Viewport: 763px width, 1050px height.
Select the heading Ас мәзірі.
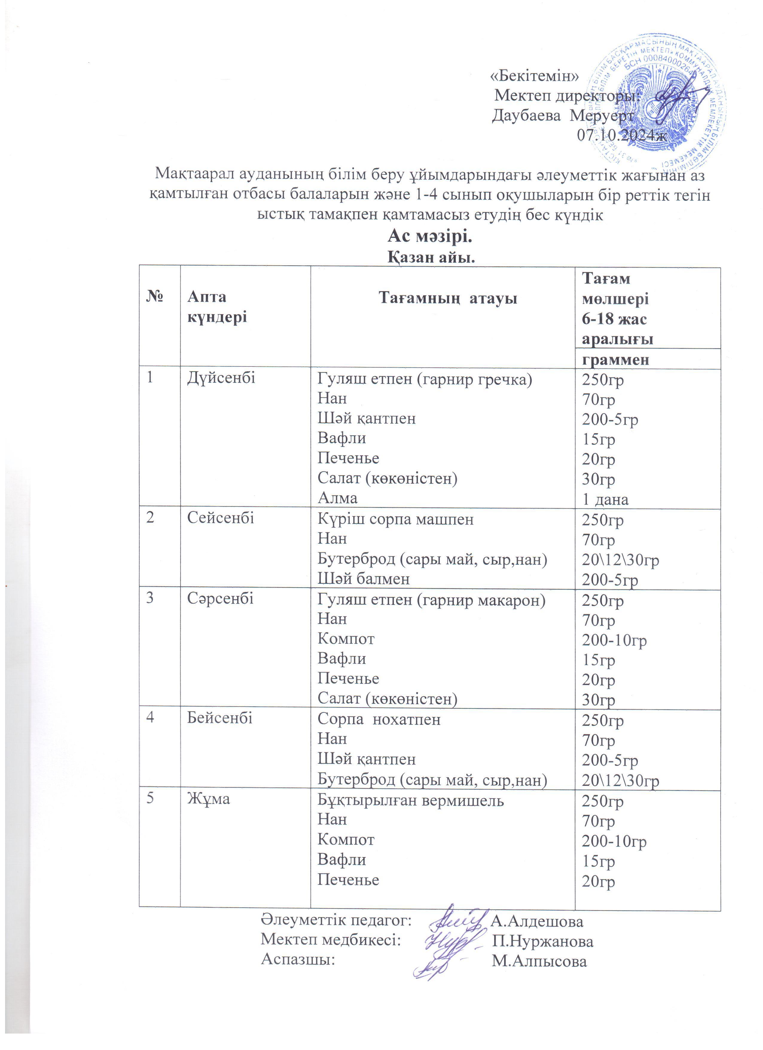pyautogui.click(x=430, y=237)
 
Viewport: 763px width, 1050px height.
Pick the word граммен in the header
pyautogui.click(x=615, y=359)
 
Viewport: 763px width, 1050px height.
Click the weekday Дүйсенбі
pyautogui.click(x=221, y=378)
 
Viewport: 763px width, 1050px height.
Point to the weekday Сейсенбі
pyautogui.click(x=221, y=518)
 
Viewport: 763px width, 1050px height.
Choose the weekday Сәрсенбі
pyautogui.click(x=220, y=598)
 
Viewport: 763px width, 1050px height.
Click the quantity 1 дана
pyautogui.click(x=605, y=499)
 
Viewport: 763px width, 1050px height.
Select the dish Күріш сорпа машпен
pyautogui.click(x=396, y=519)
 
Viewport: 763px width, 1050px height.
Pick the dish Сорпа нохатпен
pyautogui.click(x=379, y=719)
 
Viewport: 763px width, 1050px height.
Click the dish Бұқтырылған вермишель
pyautogui.click(x=411, y=800)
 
